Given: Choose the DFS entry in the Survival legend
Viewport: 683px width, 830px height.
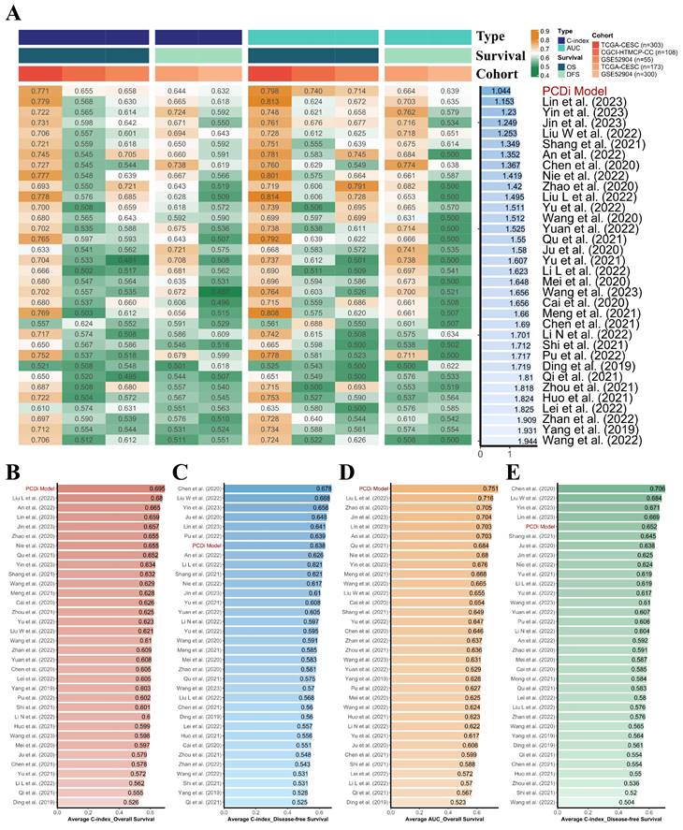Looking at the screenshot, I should pos(567,71).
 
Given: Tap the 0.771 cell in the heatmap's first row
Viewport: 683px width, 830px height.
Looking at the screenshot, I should pos(40,89).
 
